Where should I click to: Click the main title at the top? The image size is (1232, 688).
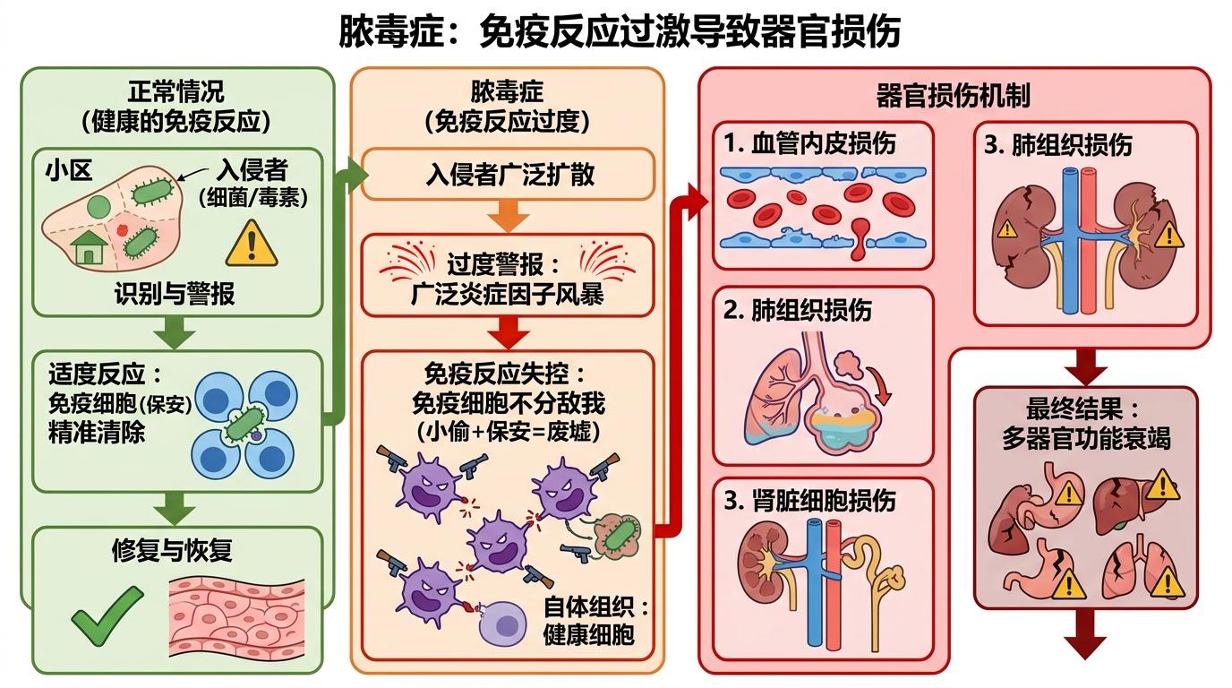tap(619, 31)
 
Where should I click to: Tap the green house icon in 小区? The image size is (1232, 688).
tap(90, 247)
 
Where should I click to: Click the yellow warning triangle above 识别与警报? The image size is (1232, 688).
tap(252, 243)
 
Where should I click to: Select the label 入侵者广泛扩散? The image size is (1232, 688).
tap(509, 174)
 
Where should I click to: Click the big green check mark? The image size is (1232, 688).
tap(107, 615)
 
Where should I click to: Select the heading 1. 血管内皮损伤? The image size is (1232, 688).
tap(809, 143)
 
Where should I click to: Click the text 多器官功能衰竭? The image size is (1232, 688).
tap(1085, 439)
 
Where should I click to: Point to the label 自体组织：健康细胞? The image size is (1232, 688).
tap(595, 620)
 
